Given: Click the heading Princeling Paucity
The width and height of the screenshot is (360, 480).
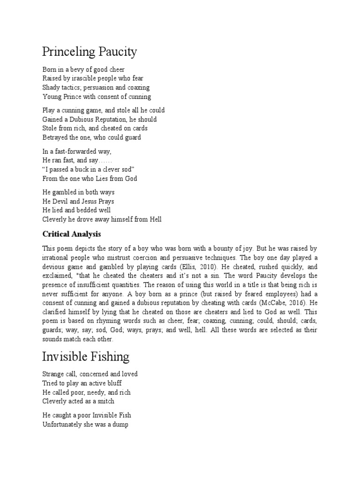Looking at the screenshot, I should pyautogui.click(x=90, y=51).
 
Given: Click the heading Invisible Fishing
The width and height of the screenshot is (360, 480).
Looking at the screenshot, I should pyautogui.click(x=86, y=356).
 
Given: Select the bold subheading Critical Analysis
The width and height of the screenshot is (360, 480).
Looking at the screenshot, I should pyautogui.click(x=72, y=233).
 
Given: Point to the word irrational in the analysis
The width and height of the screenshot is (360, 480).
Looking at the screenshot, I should pyautogui.click(x=57, y=257).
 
